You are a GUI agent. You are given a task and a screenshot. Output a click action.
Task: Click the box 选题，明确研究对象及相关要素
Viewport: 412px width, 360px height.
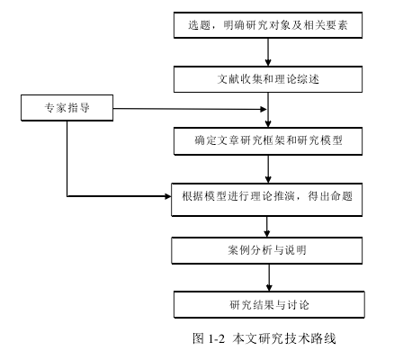coord(268,25)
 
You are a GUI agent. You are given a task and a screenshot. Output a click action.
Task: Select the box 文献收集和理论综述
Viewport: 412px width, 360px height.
coord(268,79)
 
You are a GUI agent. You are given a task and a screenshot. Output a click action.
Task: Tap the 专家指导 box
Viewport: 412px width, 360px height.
coord(67,108)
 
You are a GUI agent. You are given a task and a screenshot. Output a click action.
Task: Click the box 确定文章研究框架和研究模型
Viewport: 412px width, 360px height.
coord(268,140)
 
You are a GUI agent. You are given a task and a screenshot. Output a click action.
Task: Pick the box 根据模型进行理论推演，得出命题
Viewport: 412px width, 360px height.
coord(266,200)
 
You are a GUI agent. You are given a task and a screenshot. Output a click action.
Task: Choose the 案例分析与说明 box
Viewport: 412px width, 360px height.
coord(266,250)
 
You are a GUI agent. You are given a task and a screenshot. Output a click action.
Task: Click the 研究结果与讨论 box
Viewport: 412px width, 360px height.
coord(269,304)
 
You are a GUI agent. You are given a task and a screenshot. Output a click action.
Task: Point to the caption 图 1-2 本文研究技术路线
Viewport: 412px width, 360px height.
coord(264,338)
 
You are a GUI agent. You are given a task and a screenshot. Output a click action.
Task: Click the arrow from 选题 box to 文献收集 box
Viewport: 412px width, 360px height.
coord(268,52)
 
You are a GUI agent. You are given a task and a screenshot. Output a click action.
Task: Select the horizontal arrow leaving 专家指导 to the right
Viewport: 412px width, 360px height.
coord(190,109)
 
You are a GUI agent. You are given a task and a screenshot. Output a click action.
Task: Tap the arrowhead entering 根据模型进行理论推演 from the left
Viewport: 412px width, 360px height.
coord(167,196)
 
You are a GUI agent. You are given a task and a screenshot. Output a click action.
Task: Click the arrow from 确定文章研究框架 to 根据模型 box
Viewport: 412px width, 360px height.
coord(268,169)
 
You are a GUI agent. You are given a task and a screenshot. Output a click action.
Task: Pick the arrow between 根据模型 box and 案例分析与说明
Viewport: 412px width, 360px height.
coord(267,227)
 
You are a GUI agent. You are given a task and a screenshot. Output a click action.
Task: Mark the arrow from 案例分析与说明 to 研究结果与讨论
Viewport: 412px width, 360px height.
coord(269,277)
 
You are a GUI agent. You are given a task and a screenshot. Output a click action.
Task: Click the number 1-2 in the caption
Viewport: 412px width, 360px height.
coord(217,338)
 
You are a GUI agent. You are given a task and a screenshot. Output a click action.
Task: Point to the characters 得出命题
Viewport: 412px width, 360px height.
coord(330,196)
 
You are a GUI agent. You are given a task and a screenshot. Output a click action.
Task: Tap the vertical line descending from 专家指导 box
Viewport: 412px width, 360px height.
coord(67,158)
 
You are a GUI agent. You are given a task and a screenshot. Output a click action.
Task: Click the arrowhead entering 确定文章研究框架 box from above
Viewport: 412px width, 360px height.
coord(268,123)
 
